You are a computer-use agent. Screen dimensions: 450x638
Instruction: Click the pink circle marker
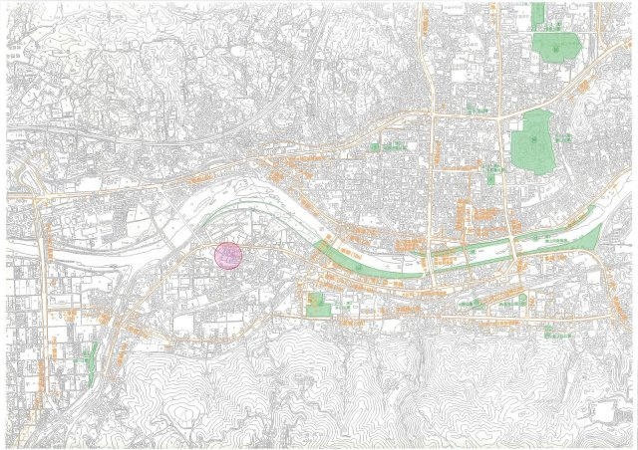(x=228, y=256)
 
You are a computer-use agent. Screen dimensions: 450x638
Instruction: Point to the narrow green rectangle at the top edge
(x=538, y=14)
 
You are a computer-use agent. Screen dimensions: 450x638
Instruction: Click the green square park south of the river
(x=319, y=305)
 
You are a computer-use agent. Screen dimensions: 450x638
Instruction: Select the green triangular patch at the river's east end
(x=588, y=239)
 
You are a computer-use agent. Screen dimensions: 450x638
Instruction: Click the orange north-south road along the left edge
(x=45, y=299)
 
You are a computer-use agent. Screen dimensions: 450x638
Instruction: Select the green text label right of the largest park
(x=562, y=139)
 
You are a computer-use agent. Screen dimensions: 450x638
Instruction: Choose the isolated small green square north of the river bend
(x=376, y=147)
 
